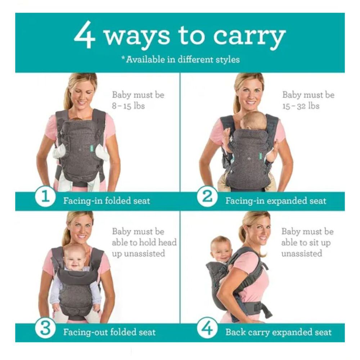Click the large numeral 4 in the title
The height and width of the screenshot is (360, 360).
click(85, 35)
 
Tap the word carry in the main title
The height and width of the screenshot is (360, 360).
click(249, 38)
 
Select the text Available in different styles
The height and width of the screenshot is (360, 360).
click(183, 60)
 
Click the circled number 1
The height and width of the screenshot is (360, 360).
click(45, 197)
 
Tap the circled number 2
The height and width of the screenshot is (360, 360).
click(207, 197)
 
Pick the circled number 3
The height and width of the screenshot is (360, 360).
click(45, 328)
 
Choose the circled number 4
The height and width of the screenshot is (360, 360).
click(207, 328)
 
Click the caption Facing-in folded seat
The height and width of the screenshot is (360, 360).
click(107, 201)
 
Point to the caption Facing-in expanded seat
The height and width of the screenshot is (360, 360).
click(276, 201)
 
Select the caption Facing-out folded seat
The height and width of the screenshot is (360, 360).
click(109, 332)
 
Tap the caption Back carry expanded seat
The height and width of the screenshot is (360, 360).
click(279, 332)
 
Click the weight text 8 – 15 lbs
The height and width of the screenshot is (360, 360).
click(129, 106)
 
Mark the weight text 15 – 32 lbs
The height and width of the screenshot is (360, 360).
click(301, 106)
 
